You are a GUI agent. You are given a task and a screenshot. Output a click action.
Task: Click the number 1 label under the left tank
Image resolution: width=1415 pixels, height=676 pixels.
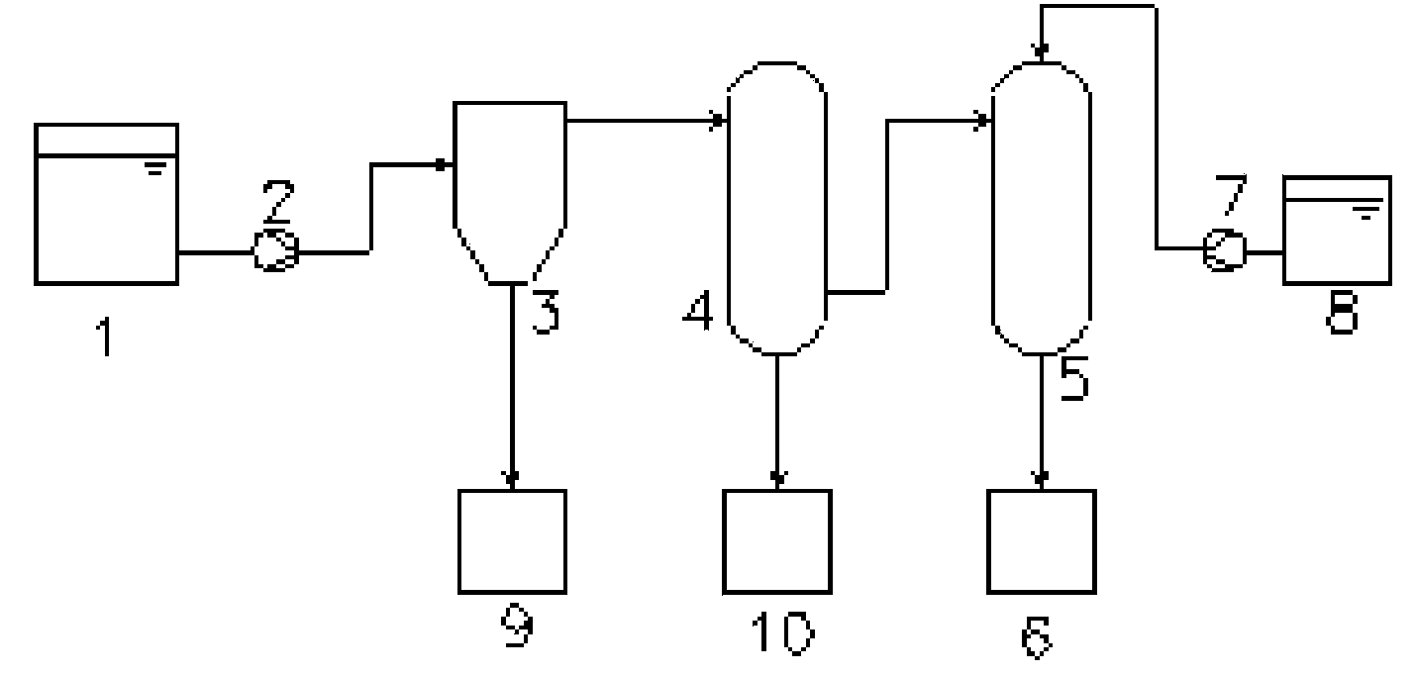(106, 338)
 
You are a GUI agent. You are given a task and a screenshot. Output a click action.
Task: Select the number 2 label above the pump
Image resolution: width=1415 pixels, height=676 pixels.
(278, 201)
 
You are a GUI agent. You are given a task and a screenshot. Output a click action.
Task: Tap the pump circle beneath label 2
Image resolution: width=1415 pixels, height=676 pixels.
(276, 250)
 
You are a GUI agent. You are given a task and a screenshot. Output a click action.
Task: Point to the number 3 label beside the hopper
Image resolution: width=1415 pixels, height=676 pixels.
(546, 311)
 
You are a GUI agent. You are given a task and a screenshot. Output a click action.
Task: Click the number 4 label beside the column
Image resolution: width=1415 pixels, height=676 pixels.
(698, 311)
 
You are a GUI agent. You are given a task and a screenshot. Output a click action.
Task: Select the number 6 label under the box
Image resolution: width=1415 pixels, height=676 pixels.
(1037, 636)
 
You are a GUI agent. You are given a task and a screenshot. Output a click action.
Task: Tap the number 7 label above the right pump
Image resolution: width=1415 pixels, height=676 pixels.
(1232, 194)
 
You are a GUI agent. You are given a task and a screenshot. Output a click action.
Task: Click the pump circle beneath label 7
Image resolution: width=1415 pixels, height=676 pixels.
(1224, 250)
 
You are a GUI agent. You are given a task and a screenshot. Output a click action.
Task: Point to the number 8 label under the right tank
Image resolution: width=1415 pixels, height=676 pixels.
(1342, 313)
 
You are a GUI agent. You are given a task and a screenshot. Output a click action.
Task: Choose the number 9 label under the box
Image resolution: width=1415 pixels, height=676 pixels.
(517, 625)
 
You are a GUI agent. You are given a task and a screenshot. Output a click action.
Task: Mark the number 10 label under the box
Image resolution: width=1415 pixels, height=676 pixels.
(782, 632)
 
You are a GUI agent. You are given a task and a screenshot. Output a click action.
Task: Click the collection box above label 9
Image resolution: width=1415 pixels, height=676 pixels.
(512, 541)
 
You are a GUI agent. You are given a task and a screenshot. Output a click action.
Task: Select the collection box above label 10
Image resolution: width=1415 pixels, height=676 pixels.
(777, 541)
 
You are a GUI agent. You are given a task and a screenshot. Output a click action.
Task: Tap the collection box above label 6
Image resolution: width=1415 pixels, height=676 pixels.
(1041, 541)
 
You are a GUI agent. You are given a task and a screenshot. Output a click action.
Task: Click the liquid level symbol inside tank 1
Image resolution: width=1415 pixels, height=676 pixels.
(155, 168)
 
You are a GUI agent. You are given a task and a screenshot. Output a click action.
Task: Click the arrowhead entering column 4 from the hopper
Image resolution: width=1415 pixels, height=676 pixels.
(718, 120)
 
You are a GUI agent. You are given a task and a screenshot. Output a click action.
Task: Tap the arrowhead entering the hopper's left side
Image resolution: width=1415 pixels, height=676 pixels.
(444, 164)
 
